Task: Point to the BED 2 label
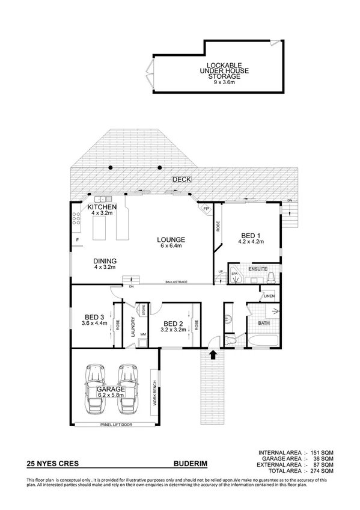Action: [173, 323]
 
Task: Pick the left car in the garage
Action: [96, 389]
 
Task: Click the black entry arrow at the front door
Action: [212, 354]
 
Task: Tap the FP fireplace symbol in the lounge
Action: [206, 209]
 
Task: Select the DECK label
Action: [180, 179]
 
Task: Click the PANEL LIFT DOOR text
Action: [115, 425]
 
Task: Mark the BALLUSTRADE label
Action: [179, 283]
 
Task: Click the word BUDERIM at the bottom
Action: [191, 464]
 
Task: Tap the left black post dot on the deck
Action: [111, 167]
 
